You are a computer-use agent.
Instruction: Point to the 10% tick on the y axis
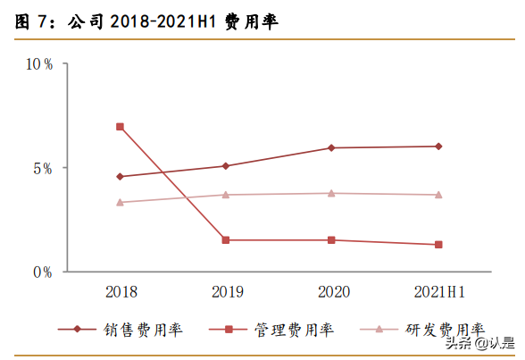pos(38,64)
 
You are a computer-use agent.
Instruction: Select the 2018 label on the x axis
pos(120,291)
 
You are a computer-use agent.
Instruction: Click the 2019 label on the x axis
pos(226,291)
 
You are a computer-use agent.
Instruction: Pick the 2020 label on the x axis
pos(331,291)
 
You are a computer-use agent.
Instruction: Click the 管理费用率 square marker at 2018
pos(120,127)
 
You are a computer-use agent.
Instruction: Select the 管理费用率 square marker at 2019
pos(226,240)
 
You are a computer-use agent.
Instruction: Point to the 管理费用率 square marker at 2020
pos(331,240)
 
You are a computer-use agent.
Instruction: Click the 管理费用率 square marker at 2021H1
pos(437,245)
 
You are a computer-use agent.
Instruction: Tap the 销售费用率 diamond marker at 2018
pos(120,177)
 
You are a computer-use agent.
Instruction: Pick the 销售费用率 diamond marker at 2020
pos(331,147)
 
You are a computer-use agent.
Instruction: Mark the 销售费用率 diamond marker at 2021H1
pos(437,147)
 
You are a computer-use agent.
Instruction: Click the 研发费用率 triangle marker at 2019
pos(226,195)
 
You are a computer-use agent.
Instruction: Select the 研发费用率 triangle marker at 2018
pos(120,202)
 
